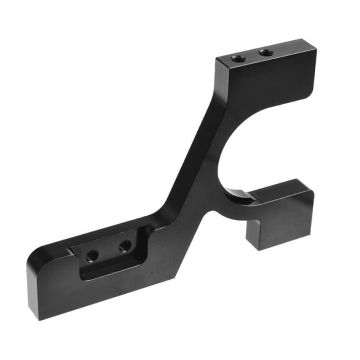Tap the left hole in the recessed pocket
coord(92,255)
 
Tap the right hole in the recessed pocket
coord(125,245)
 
